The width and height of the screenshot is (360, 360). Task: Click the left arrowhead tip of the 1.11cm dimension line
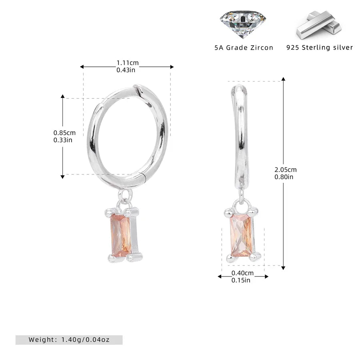[80, 67]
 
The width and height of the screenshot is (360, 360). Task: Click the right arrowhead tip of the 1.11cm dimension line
[174, 67]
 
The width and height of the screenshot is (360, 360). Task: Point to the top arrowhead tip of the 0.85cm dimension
[62, 94]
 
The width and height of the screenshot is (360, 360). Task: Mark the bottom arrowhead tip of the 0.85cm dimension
[62, 178]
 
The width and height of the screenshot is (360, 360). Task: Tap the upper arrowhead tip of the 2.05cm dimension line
[283, 78]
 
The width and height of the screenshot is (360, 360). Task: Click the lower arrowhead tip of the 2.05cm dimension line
[283, 270]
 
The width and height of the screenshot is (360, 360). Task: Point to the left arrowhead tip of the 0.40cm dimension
[218, 276]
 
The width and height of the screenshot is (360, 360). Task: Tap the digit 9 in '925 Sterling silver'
[288, 48]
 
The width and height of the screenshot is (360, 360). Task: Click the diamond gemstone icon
[243, 24]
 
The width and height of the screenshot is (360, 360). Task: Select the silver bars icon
[319, 25]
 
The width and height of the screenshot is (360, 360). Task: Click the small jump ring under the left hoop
[126, 196]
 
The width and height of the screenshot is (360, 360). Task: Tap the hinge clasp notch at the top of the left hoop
[138, 89]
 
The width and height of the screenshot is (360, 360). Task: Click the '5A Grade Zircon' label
[244, 48]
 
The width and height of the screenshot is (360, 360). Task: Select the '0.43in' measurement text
[126, 70]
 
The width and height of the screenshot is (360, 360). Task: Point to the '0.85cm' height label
[64, 133]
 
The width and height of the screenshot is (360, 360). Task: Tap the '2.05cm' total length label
[286, 170]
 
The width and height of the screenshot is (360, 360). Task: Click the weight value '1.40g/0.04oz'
[86, 340]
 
